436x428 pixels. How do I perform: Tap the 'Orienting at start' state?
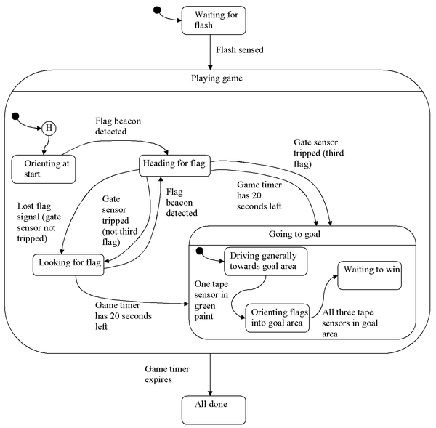coord(44,168)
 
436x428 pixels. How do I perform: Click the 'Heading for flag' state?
coord(173,165)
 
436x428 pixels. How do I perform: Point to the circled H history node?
coord(49,128)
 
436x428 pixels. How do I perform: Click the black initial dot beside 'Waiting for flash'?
coord(157,10)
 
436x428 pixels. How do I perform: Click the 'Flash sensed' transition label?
coord(241,51)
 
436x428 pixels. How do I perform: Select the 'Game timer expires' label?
coord(168,375)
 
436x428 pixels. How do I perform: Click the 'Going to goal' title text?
coord(302,234)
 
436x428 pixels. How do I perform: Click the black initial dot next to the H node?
coord(15,116)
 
